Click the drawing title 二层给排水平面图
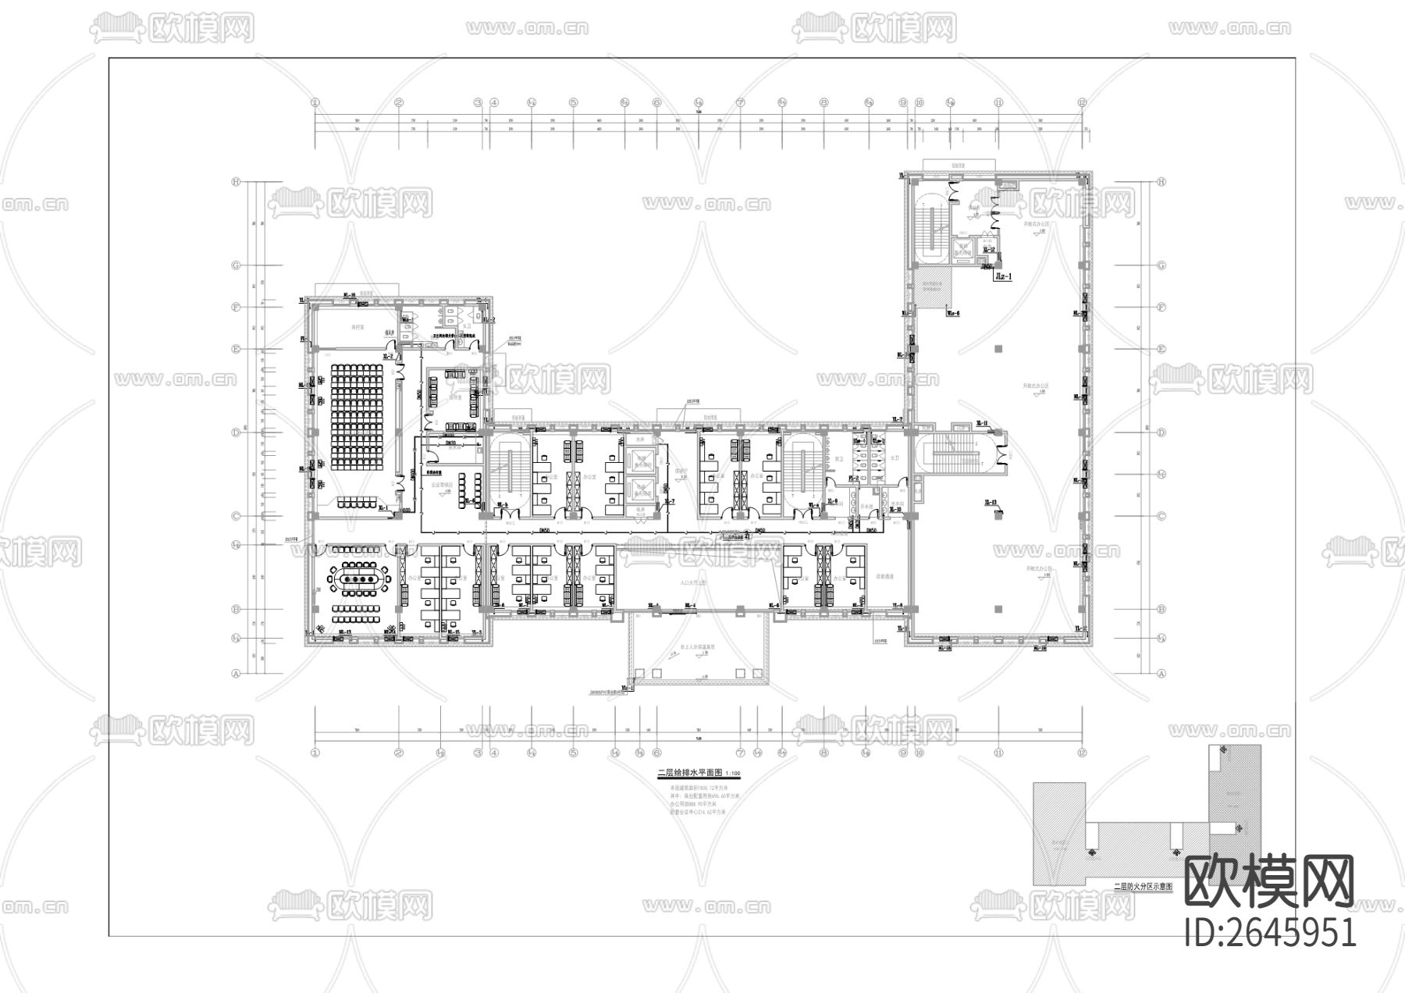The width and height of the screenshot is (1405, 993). [x=690, y=773]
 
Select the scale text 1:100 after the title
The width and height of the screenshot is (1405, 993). [x=733, y=774]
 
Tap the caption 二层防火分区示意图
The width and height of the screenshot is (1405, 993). [x=1143, y=886]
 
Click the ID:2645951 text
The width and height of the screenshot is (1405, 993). [x=1270, y=932]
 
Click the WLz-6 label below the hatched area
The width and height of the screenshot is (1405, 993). [x=952, y=314]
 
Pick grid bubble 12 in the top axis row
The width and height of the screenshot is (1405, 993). [x=1082, y=102]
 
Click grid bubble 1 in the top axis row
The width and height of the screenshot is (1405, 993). [x=315, y=102]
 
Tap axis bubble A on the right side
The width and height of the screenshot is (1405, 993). [x=1161, y=672]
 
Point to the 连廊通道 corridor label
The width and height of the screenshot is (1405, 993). [x=884, y=576]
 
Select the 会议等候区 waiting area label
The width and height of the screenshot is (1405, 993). [x=443, y=485]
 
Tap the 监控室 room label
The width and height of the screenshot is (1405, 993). [x=358, y=328]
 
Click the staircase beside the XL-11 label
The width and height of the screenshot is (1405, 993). [x=959, y=452]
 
